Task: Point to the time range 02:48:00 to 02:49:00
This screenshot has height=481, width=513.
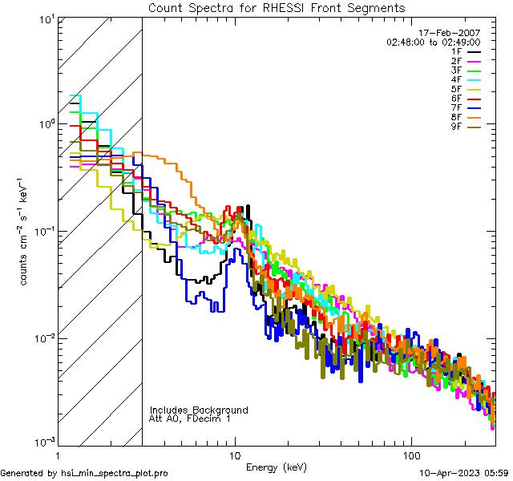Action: pos(433,42)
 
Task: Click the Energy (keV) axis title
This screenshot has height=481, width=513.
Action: pos(277,467)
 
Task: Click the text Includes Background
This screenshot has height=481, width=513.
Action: pos(199,410)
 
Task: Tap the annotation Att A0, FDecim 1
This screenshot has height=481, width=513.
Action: pos(190,418)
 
